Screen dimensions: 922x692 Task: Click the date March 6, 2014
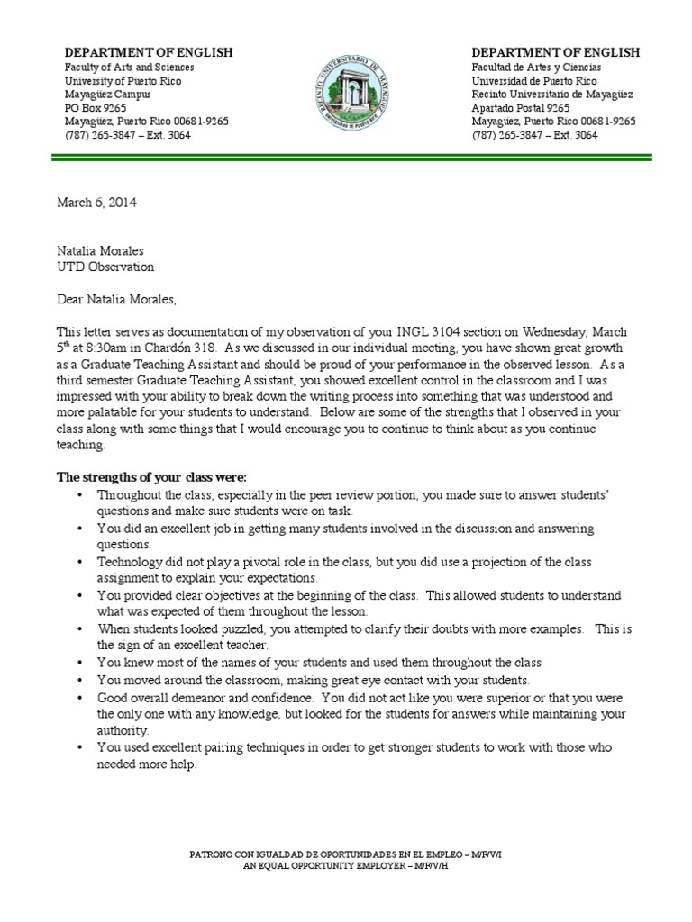(x=97, y=203)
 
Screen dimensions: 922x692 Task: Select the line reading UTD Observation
(x=105, y=267)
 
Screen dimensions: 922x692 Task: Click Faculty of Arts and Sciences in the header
(x=129, y=68)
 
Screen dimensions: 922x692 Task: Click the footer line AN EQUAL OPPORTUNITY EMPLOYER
(x=346, y=865)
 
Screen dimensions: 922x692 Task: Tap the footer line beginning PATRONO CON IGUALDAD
(x=346, y=853)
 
